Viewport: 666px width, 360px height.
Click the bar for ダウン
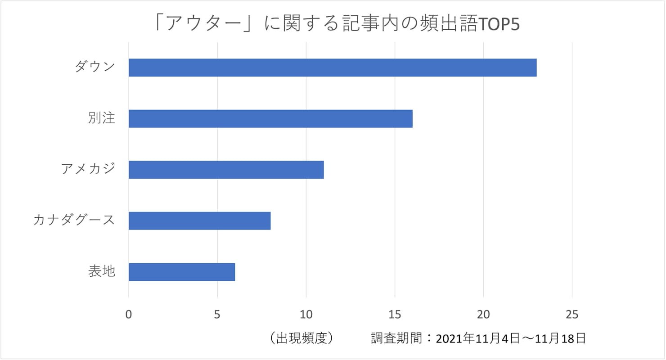pos(333,67)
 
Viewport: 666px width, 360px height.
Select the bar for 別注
pos(270,119)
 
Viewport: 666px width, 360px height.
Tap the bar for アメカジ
pos(226,170)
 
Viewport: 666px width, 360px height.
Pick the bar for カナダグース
pos(199,220)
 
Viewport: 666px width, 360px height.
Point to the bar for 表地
pos(182,272)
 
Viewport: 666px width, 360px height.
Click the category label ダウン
pos(95,67)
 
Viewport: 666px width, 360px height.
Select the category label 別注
pos(102,119)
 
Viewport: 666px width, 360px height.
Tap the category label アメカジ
pos(88,170)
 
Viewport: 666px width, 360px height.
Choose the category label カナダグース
pos(74,220)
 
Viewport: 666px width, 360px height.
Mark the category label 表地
pos(102,272)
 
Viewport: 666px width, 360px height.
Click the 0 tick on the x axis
pos(129,315)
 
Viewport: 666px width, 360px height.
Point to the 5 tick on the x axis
pos(217,315)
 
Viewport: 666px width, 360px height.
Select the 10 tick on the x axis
pos(306,315)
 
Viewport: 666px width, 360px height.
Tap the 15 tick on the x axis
pos(395,315)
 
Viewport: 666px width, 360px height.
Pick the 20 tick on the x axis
pos(483,315)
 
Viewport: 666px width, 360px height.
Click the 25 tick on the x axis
pos(572,315)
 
